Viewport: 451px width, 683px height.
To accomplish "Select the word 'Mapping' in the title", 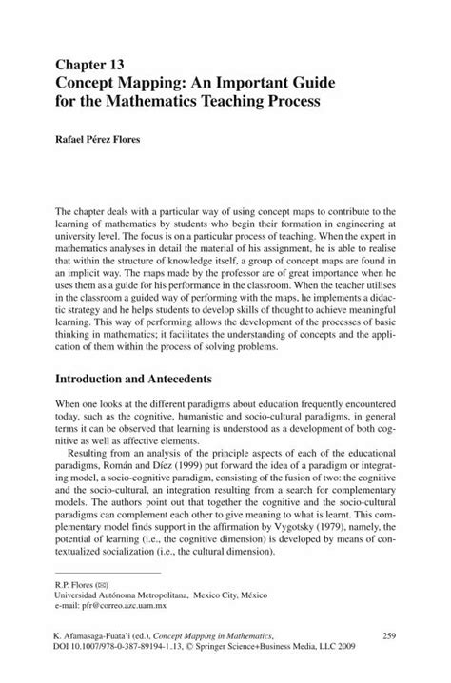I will (x=159, y=81).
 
